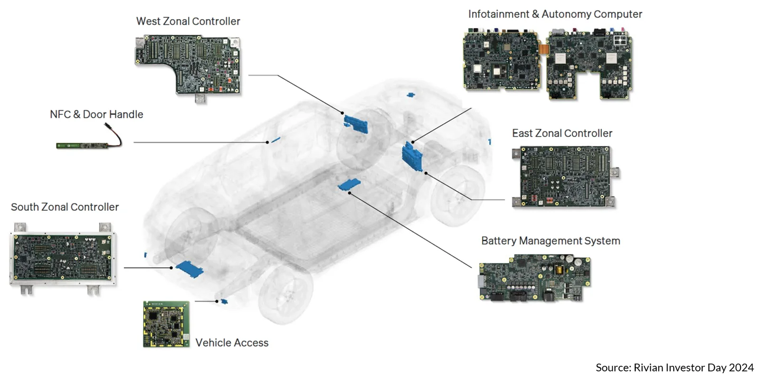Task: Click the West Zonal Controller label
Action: pos(188,21)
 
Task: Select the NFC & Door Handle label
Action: pos(96,115)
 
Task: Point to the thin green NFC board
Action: pos(83,146)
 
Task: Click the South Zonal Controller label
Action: pos(65,207)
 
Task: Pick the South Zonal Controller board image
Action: pos(63,259)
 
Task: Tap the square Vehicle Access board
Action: pos(166,324)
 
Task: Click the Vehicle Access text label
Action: pos(232,343)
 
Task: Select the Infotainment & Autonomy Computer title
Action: pos(555,14)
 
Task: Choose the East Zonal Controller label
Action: pos(562,134)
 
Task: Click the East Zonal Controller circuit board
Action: pos(565,176)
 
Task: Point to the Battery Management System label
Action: pos(551,241)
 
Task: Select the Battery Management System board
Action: pos(535,278)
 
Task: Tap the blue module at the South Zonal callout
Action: pos(190,269)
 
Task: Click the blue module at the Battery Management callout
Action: pos(349,184)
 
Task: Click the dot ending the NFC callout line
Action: pos(267,142)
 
